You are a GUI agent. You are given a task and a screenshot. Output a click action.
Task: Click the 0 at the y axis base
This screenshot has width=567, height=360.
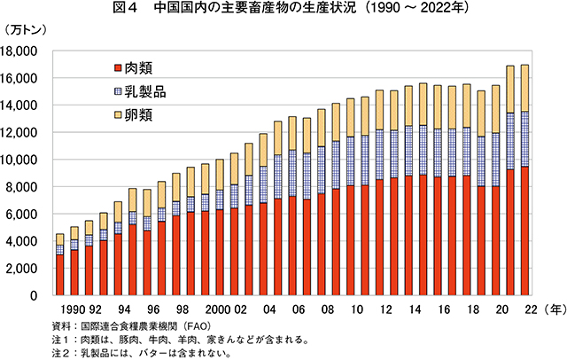46,295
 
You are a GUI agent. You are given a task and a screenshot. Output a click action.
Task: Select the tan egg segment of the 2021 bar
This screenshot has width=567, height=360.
509,90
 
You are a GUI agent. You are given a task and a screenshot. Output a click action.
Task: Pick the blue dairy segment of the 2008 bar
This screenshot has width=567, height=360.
322,169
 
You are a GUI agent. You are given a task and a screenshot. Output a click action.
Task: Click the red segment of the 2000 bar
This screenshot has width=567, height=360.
220,253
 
